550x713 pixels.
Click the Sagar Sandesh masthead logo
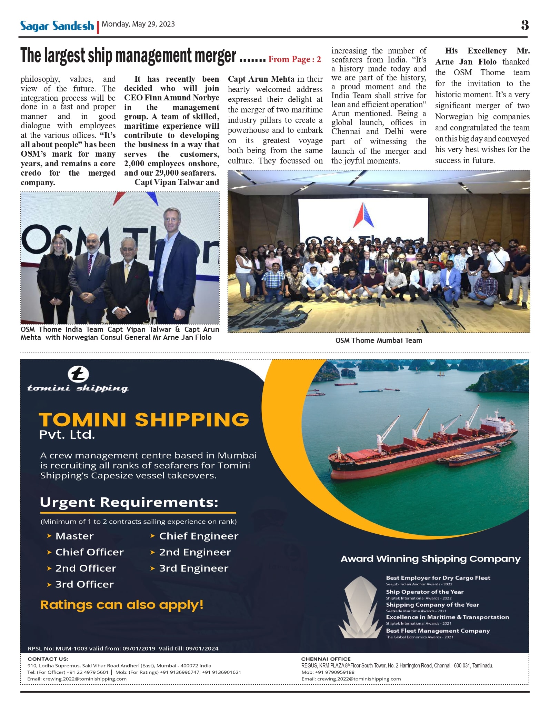point(57,26)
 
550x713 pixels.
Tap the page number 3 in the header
point(524,25)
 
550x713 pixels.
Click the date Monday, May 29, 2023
point(138,24)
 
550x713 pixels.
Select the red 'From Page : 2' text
point(294,59)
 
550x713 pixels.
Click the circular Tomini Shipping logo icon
point(78,374)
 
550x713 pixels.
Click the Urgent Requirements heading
point(129,502)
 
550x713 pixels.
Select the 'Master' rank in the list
point(74,536)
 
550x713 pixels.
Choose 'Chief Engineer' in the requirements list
point(199,536)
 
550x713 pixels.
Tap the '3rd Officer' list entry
point(84,584)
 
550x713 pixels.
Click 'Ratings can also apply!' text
point(122,605)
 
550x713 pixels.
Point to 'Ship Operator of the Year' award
point(424,592)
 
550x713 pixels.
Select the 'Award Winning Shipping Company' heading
point(430,559)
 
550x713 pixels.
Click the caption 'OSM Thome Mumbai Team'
point(379,340)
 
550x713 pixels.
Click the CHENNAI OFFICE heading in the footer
point(326,659)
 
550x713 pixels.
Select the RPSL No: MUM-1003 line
point(123,648)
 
